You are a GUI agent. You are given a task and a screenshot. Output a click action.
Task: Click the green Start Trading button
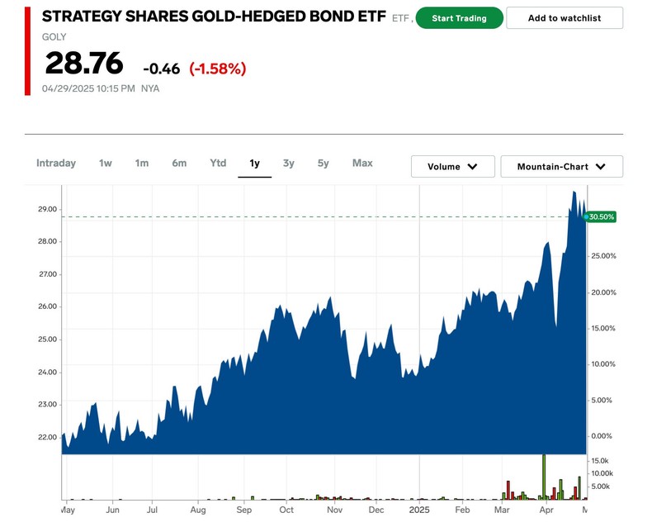(x=459, y=18)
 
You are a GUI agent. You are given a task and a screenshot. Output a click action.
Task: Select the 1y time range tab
(x=254, y=164)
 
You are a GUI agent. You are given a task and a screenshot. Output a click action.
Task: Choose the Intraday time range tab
(x=56, y=164)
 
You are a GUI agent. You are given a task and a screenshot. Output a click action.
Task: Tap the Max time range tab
(x=362, y=164)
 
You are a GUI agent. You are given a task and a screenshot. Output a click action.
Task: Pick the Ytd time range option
(x=218, y=164)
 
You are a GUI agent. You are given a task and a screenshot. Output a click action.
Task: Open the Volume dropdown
(x=452, y=167)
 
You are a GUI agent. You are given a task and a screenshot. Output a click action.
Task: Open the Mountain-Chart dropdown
(x=561, y=167)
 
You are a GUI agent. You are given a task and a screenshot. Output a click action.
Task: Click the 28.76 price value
(x=84, y=64)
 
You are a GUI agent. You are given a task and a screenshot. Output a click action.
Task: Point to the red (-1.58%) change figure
(x=218, y=69)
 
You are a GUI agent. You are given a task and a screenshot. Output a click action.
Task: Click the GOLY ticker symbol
(x=54, y=37)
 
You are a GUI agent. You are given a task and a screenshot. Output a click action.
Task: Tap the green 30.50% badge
(x=601, y=216)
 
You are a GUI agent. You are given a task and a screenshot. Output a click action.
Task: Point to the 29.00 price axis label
(x=47, y=209)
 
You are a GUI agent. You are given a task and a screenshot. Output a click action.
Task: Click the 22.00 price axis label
(x=47, y=437)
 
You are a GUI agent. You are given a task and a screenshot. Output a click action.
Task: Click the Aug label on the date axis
(x=198, y=510)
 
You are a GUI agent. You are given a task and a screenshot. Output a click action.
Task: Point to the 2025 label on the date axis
(x=420, y=510)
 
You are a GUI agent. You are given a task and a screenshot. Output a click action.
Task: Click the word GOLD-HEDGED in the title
(x=257, y=17)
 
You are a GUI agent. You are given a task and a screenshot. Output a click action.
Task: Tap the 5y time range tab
(x=323, y=164)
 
